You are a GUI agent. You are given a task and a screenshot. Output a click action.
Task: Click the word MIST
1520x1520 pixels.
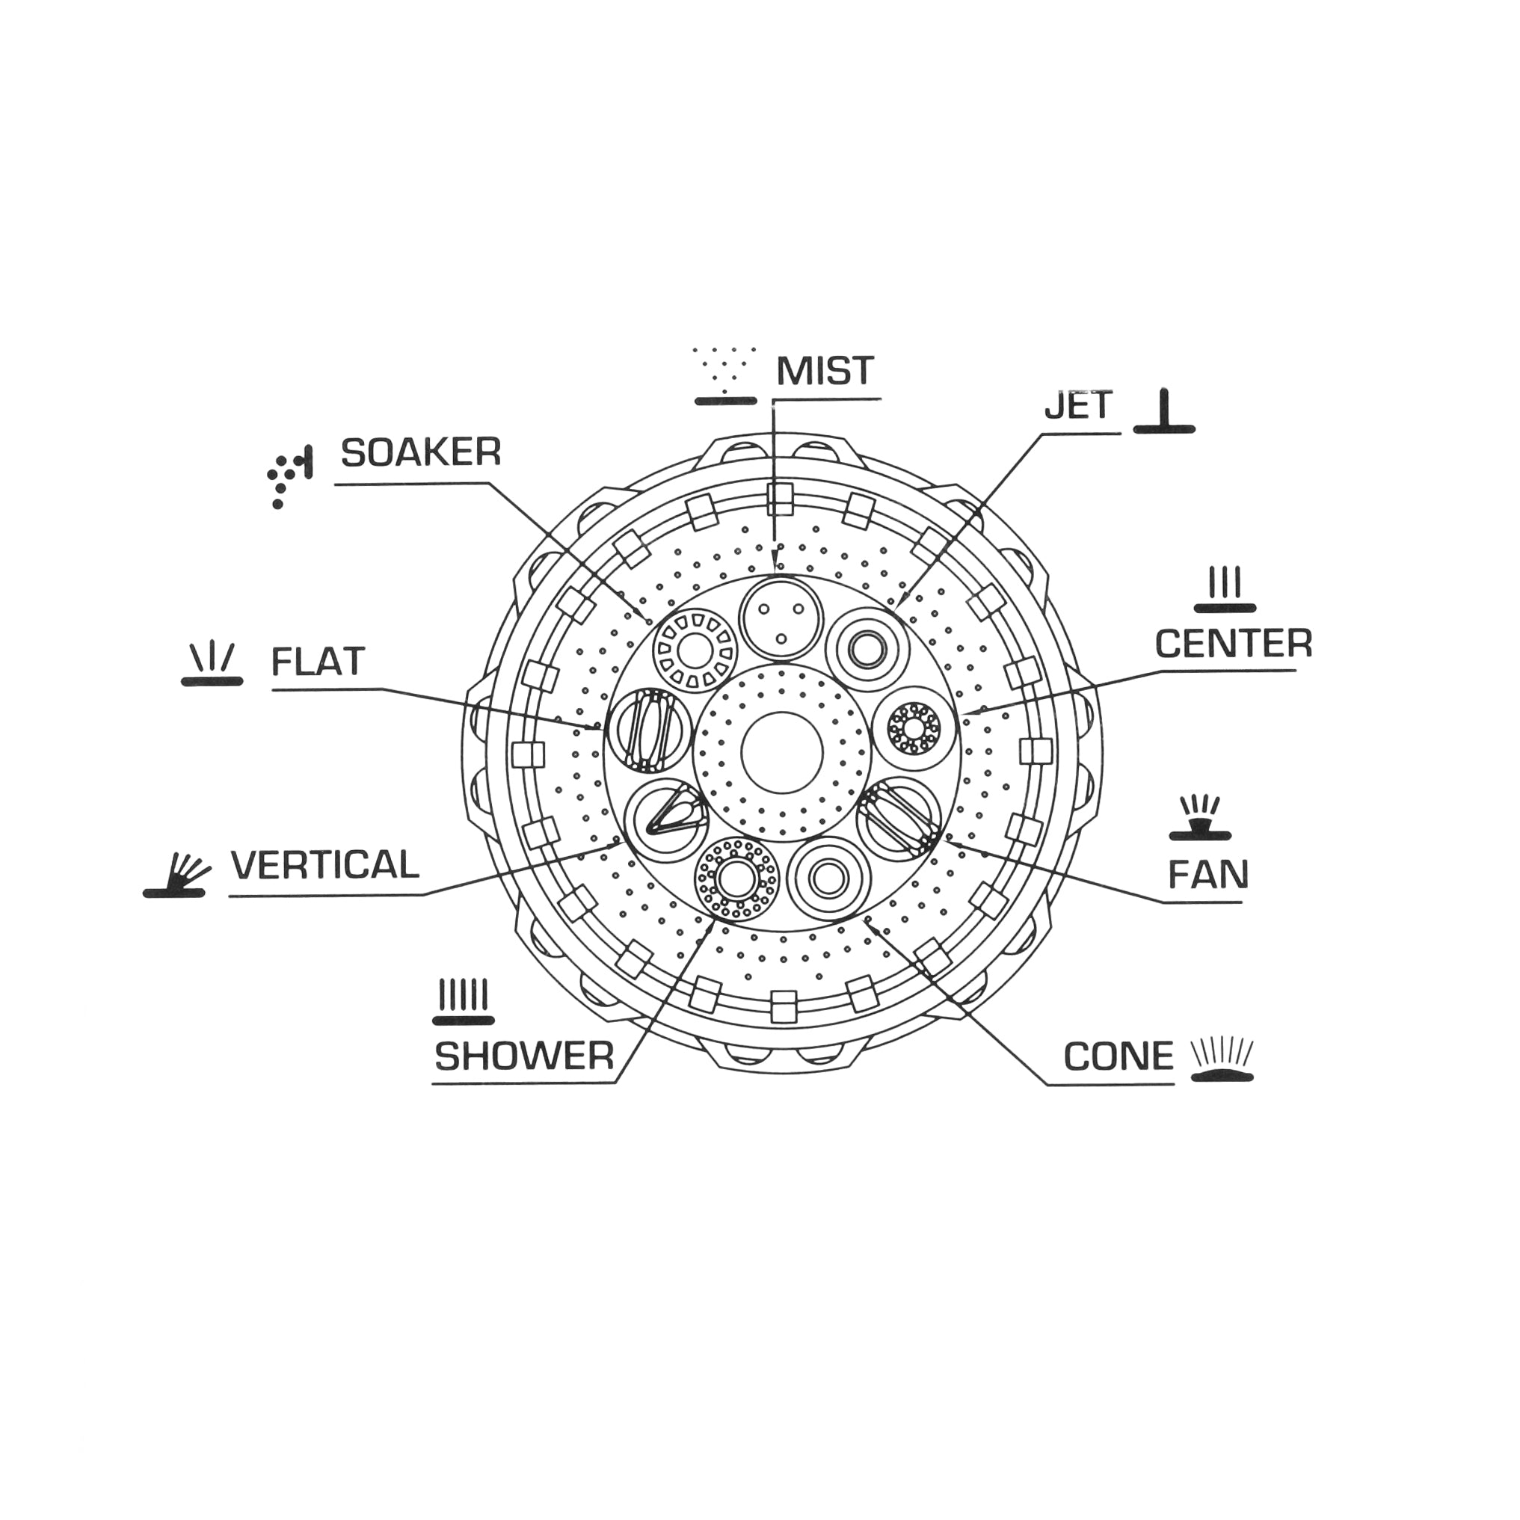[825, 371]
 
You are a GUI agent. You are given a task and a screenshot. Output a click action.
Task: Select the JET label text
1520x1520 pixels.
[1079, 405]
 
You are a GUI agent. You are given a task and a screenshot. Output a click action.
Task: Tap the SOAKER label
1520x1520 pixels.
[421, 452]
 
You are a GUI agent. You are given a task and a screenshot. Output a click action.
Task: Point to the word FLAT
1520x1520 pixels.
[318, 662]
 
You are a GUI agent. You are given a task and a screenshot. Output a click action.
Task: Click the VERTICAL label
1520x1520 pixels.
[325, 866]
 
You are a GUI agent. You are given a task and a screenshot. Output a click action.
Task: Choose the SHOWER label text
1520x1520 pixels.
[524, 1056]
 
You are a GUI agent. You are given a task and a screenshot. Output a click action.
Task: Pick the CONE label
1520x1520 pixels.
[1118, 1056]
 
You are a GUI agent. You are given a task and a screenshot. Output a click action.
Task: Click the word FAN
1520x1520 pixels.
[1207, 874]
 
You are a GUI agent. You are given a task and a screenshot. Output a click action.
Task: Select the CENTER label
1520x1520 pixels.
[1234, 644]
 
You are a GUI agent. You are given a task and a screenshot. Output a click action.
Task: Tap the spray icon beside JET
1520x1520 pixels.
[1164, 411]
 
